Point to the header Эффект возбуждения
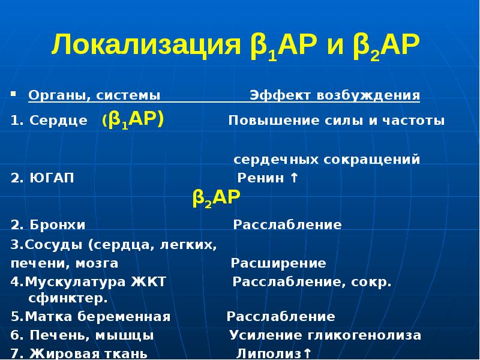[334, 95]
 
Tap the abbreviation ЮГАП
[52, 179]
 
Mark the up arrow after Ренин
[293, 178]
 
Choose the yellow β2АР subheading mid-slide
[217, 197]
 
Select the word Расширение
[278, 263]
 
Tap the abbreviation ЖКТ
[148, 282]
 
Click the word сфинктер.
[68, 298]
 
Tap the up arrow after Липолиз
[307, 353]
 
